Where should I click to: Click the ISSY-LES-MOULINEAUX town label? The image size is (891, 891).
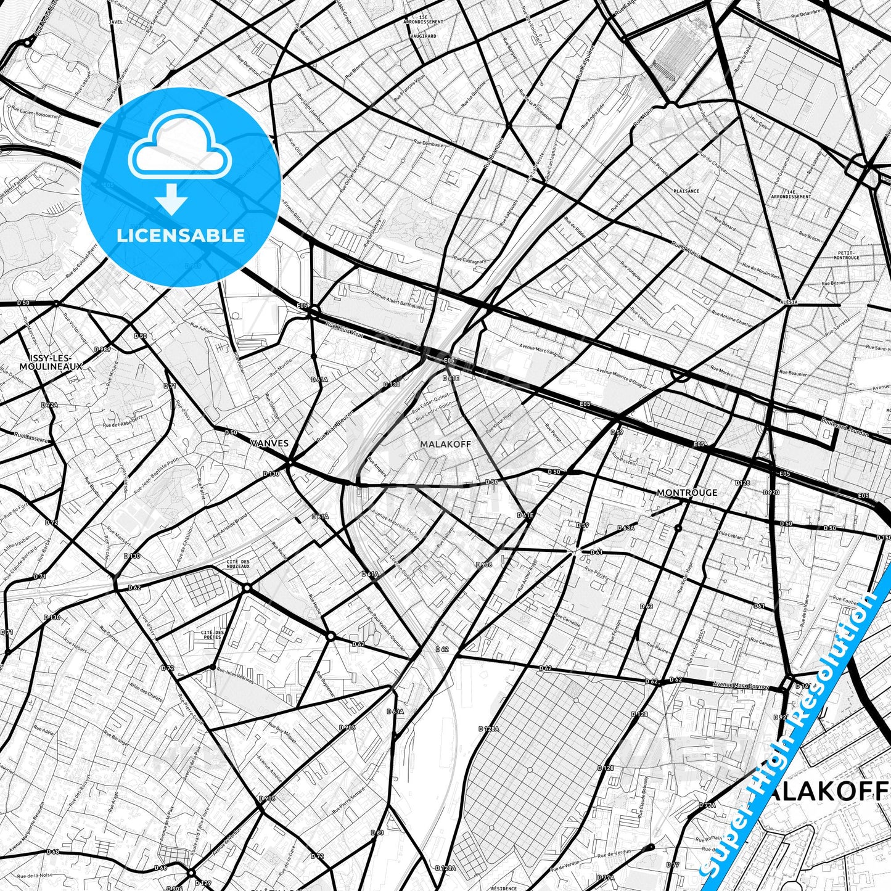pos(51,362)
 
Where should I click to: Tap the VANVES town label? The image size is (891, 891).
pos(269,443)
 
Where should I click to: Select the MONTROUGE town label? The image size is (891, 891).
pos(687,492)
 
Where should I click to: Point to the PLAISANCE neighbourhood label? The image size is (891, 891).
pos(686,191)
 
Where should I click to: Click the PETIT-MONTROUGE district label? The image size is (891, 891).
pos(848,255)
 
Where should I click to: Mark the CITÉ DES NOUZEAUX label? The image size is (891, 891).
pos(238,564)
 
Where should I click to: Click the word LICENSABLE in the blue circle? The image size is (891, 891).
pos(181,235)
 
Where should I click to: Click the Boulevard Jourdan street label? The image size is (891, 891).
pos(844,428)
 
